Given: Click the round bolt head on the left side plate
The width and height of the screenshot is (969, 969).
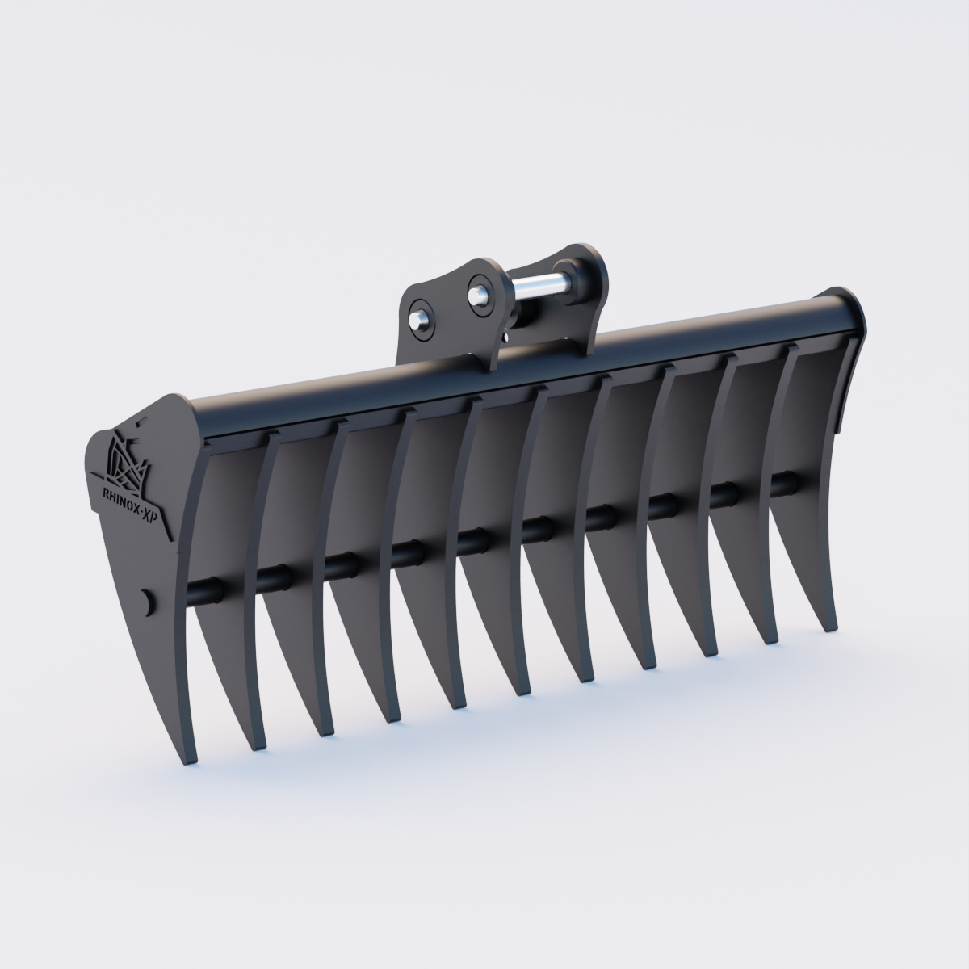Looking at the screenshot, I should tap(146, 600).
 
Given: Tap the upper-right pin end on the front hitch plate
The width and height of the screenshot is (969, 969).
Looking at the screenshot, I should tap(479, 292).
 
